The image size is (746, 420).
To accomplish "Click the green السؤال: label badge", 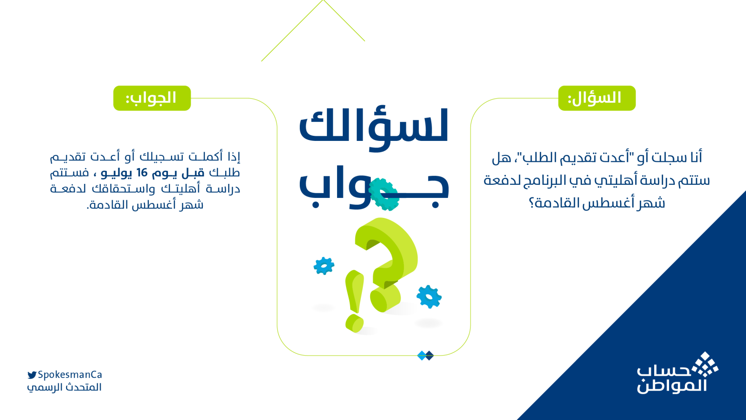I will tap(596, 98).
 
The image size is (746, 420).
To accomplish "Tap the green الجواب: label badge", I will tap(152, 98).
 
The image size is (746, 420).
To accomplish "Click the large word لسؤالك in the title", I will tap(373, 126).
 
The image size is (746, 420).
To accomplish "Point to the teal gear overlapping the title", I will tap(384, 194).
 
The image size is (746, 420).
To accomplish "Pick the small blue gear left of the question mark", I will tap(324, 266).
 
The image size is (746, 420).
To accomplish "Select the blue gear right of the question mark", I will tap(428, 296).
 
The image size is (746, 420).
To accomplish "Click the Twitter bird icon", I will tap(32, 375).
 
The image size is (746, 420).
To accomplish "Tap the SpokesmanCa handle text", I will tap(70, 375).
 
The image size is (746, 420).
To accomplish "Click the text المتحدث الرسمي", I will tap(64, 387).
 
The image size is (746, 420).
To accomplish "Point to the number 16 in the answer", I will tap(142, 173).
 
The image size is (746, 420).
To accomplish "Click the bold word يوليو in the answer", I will tap(117, 173).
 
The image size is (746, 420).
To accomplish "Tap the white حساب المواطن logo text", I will tap(671, 379).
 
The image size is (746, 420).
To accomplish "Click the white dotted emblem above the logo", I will tap(705, 364).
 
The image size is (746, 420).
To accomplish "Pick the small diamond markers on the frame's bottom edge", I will tap(425, 356).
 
